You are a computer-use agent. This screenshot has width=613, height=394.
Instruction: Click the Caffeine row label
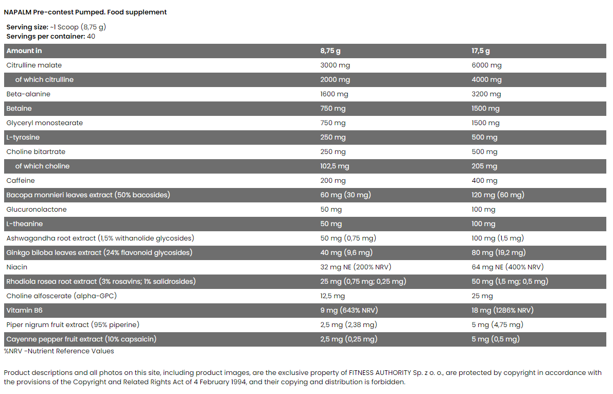click(x=21, y=181)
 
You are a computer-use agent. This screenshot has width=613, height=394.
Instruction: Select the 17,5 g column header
click(x=481, y=51)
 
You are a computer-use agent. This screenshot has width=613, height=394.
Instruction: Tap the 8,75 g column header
click(x=330, y=51)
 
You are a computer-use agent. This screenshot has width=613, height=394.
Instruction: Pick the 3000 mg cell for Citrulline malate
click(x=335, y=65)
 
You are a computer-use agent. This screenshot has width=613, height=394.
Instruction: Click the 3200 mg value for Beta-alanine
click(x=486, y=94)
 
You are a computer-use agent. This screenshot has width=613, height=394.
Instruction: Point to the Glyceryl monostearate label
click(x=44, y=123)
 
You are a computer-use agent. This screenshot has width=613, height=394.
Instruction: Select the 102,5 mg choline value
click(x=335, y=166)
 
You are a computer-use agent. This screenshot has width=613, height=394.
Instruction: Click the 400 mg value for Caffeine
click(x=484, y=181)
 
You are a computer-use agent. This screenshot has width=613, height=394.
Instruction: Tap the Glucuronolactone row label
click(x=37, y=210)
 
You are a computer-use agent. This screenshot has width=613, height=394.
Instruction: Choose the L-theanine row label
click(x=25, y=224)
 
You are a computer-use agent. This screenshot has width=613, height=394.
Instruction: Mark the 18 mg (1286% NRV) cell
click(x=502, y=311)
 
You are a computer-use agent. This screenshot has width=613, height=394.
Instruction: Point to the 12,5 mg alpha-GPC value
click(x=332, y=296)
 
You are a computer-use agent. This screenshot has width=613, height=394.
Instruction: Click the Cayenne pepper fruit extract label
click(x=81, y=339)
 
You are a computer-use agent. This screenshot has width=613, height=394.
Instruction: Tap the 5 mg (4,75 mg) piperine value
click(x=497, y=325)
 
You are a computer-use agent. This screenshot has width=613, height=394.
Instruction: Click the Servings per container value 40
click(x=91, y=37)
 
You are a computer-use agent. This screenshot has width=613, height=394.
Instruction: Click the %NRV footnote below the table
click(x=59, y=351)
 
